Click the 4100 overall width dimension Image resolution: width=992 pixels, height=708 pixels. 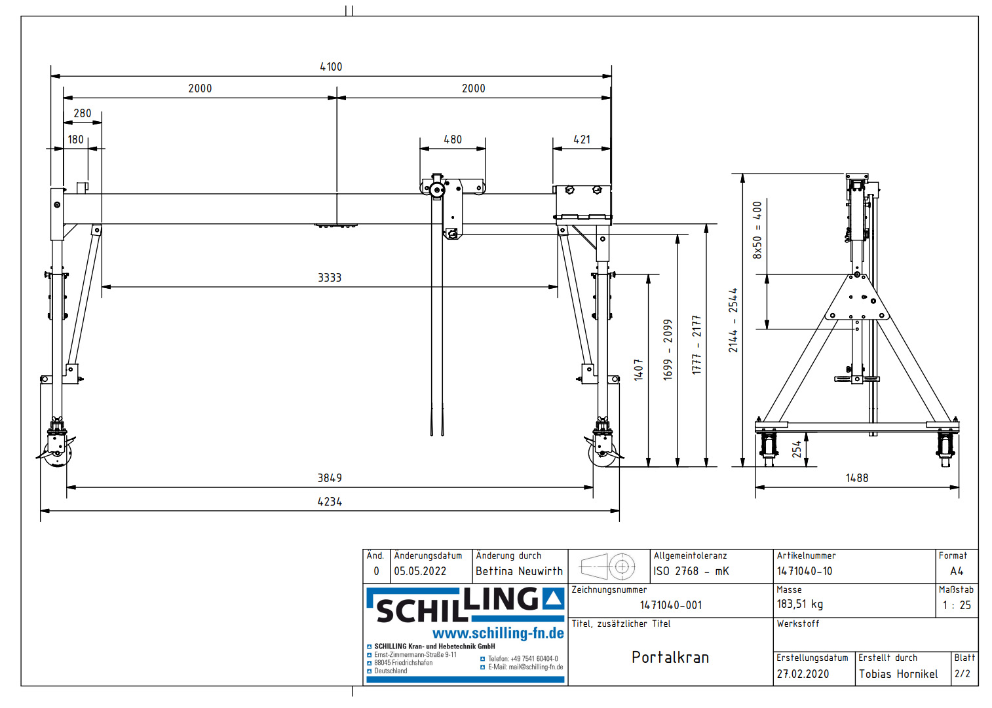pos(331,67)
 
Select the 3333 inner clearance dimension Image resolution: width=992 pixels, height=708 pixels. pos(330,278)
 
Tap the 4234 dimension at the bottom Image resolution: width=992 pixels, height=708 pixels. pos(330,502)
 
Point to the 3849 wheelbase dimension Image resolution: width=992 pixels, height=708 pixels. pos(330,478)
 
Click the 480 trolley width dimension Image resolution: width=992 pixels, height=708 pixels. pos(453,140)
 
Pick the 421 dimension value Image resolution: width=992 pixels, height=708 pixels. pos(582,140)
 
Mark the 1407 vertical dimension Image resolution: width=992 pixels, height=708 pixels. pos(638,369)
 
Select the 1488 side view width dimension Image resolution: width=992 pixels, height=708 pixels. pos(856,478)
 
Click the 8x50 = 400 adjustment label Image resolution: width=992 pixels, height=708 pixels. pos(757,230)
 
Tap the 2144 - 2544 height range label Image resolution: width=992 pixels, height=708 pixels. pos(733,320)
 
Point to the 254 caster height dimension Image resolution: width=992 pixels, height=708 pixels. pos(797,449)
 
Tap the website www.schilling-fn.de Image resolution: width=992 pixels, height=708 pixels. pos(498,633)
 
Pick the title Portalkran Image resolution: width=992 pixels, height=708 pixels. pos(670,657)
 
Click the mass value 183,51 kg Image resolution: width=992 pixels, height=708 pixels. pos(799,604)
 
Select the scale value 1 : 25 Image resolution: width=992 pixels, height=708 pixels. pos(957,605)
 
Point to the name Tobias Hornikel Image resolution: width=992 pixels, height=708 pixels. pos(898,674)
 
